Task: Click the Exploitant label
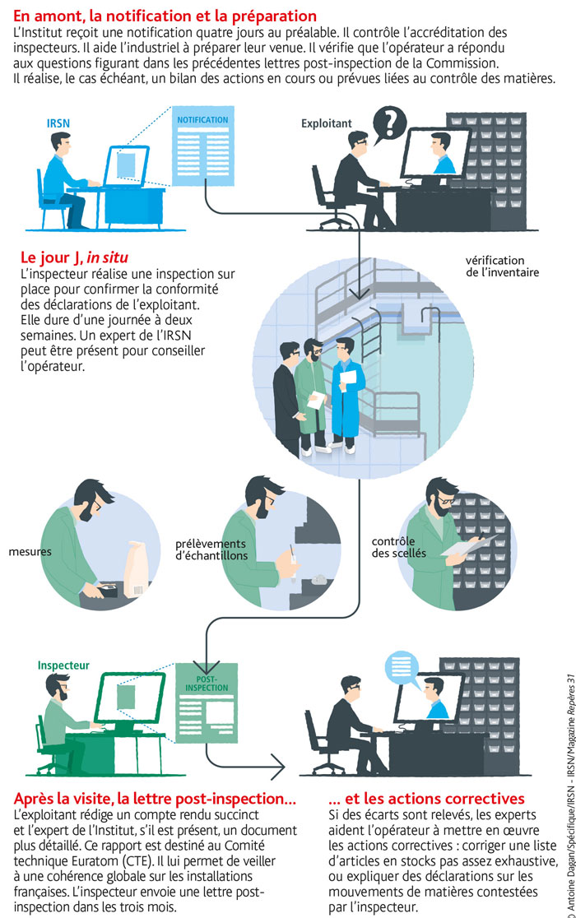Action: click(327, 124)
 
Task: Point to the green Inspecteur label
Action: click(64, 665)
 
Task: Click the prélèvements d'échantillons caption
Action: click(211, 549)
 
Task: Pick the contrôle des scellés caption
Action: click(399, 548)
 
